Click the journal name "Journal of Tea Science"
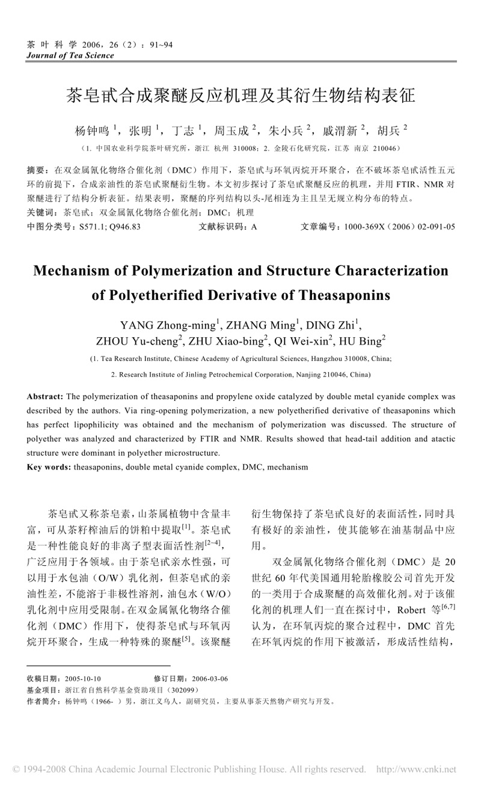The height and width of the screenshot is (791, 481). point(70,55)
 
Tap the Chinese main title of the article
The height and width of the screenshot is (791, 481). point(240,96)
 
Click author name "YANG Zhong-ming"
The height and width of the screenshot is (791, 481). point(168,326)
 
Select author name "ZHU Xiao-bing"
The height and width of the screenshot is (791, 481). point(227,341)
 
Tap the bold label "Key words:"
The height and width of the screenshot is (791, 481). point(49,467)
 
